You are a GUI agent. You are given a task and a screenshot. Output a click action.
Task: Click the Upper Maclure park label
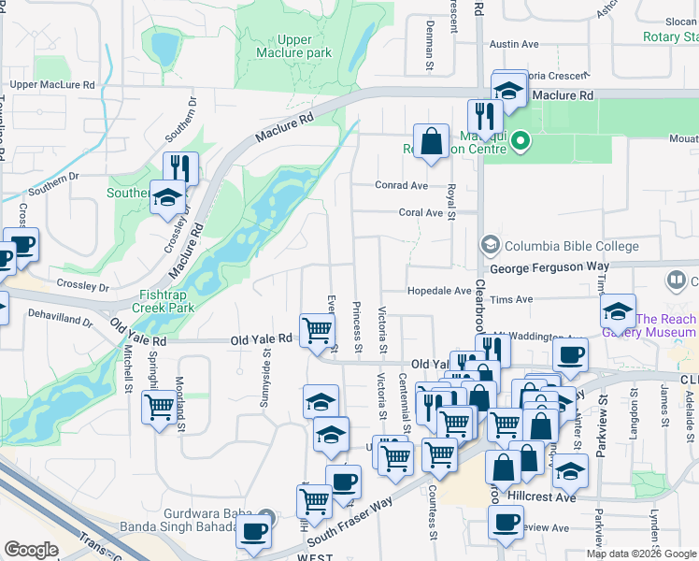pyautogui.click(x=293, y=46)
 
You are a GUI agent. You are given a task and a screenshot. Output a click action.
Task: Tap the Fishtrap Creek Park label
pyautogui.click(x=163, y=300)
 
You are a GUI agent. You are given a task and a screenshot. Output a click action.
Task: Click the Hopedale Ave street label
pyautogui.click(x=438, y=291)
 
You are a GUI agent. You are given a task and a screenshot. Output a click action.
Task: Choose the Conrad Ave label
pyautogui.click(x=401, y=185)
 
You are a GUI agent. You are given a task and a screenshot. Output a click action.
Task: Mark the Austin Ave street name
pyautogui.click(x=514, y=44)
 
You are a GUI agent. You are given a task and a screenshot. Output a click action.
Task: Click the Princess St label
pyautogui.click(x=357, y=321)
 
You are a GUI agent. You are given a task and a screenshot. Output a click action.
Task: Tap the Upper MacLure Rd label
pyautogui.click(x=52, y=85)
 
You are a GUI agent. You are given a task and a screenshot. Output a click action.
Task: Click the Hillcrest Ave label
pyautogui.click(x=550, y=497)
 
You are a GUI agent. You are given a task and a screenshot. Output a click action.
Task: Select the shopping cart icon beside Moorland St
pyautogui.click(x=159, y=407)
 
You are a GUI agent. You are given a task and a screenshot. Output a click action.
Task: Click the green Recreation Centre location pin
pyautogui.click(x=521, y=143)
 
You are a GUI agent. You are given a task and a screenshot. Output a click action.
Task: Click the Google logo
pyautogui.click(x=31, y=550)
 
